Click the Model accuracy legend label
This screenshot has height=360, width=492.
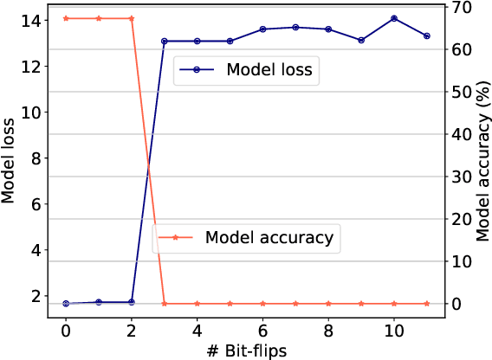click(269, 236)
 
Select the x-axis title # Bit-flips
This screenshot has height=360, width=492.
click(246, 350)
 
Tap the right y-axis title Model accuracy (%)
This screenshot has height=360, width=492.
click(482, 162)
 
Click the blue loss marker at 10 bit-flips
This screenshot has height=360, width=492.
click(394, 18)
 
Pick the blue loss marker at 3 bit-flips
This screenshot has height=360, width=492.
click(165, 41)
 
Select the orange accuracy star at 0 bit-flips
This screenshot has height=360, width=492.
click(66, 18)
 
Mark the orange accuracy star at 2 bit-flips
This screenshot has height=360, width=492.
click(132, 18)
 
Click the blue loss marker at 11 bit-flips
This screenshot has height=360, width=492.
click(427, 35)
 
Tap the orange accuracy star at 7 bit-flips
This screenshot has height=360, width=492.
click(295, 304)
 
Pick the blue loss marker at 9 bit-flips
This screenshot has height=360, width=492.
click(361, 40)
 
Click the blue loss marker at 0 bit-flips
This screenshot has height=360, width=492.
click(66, 304)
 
